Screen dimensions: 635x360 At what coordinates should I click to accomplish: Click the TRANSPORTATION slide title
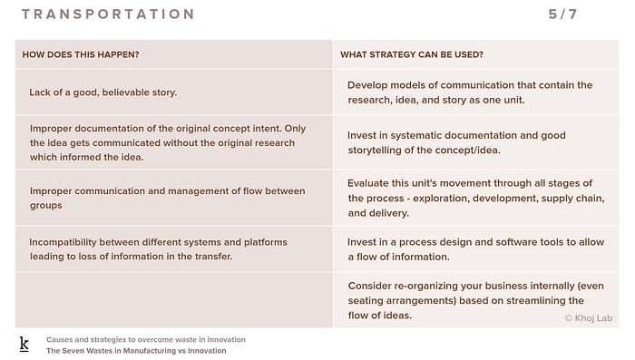[x=108, y=15]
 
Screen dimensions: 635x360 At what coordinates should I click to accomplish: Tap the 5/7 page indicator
[x=562, y=15]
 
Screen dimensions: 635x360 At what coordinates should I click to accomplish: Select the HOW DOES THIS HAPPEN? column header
[x=81, y=54]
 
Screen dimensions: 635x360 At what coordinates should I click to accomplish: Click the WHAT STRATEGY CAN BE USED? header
[x=412, y=54]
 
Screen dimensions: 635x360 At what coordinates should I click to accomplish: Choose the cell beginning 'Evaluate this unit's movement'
[x=476, y=198]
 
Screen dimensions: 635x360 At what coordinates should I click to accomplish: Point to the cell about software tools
[x=475, y=249]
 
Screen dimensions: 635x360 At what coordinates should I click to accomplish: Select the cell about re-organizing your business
[x=475, y=300]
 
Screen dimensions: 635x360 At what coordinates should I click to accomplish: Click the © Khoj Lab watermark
[x=589, y=318]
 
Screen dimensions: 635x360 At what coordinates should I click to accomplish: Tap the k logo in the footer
[x=24, y=345]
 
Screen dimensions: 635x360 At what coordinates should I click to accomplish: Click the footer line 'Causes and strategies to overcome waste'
[x=146, y=339]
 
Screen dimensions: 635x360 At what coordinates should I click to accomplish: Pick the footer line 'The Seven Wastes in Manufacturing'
[x=136, y=351]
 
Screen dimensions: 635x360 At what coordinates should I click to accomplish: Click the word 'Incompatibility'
[x=63, y=242]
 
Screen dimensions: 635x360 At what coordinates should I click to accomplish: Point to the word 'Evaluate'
[x=366, y=183]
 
